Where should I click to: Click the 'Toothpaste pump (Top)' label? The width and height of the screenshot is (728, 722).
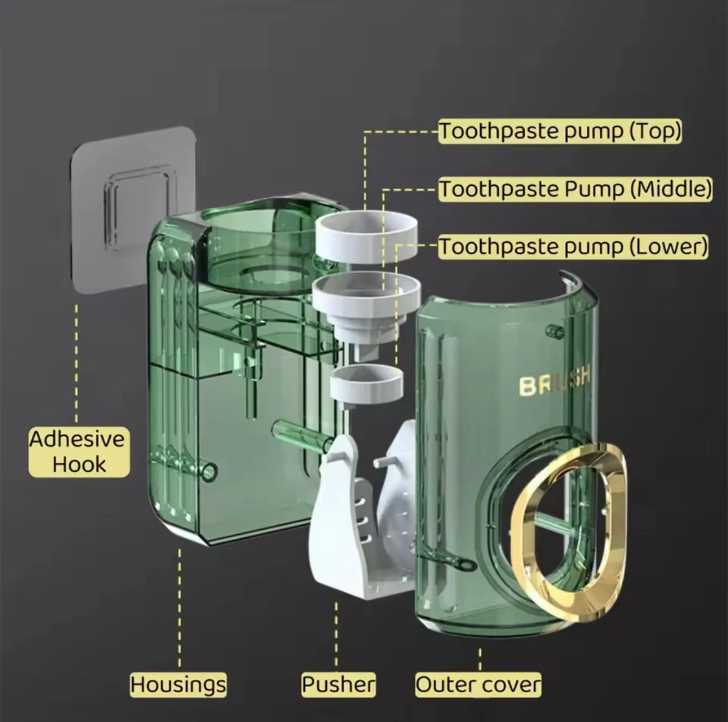[x=560, y=131]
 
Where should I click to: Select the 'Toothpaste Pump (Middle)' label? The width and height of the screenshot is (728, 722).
[x=575, y=189]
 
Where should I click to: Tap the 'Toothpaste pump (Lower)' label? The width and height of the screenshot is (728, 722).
[x=573, y=246]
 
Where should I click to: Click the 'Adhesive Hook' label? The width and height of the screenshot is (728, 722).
[x=78, y=452]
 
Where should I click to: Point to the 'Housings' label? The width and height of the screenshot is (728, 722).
[x=179, y=684]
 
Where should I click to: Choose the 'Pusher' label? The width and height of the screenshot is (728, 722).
[x=338, y=684]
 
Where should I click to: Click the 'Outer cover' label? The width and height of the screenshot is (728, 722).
[x=478, y=684]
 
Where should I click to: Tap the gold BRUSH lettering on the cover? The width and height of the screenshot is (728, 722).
[x=555, y=381]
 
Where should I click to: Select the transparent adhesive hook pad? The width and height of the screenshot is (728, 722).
[x=132, y=209]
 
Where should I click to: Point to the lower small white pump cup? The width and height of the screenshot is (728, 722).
[x=366, y=383]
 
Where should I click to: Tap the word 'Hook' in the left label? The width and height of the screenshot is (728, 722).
[x=80, y=464]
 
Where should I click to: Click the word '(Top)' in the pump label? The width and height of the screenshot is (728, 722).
[x=655, y=131]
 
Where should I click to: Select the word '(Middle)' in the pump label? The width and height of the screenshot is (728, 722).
[x=671, y=189]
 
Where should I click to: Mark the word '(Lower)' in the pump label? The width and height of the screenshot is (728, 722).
[x=668, y=246]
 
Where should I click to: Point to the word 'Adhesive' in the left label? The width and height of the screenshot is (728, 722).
[x=78, y=440]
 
